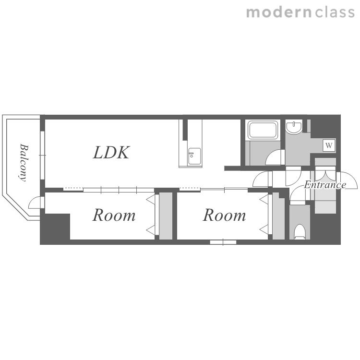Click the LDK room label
111,153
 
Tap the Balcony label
24,163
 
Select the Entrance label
325,185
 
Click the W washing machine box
329,145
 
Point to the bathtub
263,130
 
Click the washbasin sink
294,127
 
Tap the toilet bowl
300,231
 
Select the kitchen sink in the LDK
194,156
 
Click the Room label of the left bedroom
114,215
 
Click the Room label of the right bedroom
224,215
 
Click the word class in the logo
335,12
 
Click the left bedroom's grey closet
166,216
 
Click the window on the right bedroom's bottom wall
223,242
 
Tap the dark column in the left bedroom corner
55,227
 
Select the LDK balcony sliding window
42,155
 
